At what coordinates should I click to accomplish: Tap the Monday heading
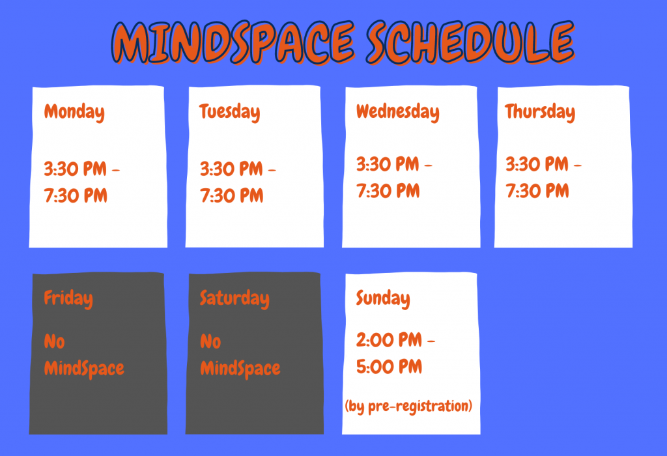click(74, 112)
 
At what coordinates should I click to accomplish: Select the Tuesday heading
click(229, 112)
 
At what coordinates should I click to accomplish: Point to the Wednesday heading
click(397, 112)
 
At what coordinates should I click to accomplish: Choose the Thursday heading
click(540, 112)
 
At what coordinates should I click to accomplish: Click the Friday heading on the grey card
click(68, 299)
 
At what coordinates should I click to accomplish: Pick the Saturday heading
click(234, 299)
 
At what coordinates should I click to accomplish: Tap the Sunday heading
click(382, 299)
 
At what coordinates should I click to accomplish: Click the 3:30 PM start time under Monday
click(75, 169)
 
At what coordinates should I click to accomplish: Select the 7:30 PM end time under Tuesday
click(231, 195)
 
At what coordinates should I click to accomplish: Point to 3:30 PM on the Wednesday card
click(387, 164)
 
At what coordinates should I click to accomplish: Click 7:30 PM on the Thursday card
click(537, 191)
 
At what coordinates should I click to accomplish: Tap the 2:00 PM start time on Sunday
click(388, 340)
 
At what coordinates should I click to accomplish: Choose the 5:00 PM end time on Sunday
click(389, 367)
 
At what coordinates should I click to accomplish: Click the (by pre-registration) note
click(408, 406)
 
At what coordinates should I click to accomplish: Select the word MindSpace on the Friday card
click(83, 369)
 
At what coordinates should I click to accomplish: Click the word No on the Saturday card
click(210, 341)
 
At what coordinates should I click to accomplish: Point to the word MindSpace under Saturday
click(240, 369)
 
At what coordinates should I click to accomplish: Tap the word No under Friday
click(54, 341)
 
